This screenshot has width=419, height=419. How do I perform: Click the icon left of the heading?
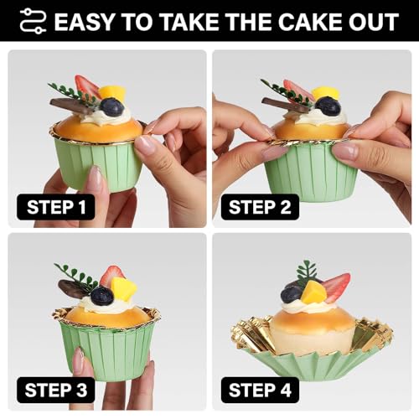tap(33, 21)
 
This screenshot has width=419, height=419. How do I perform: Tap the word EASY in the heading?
tap(85, 22)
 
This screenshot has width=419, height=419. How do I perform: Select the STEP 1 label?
tap(56, 207)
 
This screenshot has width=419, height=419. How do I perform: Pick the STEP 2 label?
tap(260, 207)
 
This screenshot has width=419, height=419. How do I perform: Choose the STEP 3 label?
tap(56, 390)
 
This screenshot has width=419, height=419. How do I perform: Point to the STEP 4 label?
tap(260, 390)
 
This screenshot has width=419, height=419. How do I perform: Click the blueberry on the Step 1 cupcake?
tap(111, 107)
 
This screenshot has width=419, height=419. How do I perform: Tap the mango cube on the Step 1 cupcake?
tap(112, 93)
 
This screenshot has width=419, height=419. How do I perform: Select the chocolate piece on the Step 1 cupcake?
tap(71, 106)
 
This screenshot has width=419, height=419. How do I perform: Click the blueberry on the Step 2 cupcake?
tap(328, 106)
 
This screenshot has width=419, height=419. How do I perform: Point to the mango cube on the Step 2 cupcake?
tap(326, 93)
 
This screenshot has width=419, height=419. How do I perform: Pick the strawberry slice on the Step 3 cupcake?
tap(111, 276)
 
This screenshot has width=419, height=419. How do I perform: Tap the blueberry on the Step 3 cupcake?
tap(102, 296)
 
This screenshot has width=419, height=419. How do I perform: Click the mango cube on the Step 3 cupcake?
tap(123, 289)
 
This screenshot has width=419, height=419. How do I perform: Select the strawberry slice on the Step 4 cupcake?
tap(337, 287)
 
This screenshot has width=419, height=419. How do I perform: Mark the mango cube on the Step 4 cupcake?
tap(313, 292)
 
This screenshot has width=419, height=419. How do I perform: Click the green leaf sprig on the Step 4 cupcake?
tap(307, 272)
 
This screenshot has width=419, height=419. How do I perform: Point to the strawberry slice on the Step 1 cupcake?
tap(86, 86)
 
